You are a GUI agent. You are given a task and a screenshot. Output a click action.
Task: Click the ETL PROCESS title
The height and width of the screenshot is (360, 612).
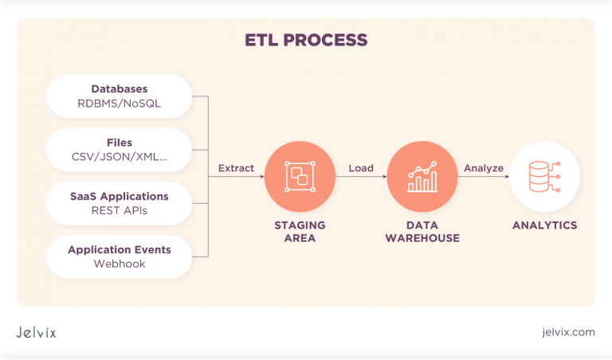coord(306,40)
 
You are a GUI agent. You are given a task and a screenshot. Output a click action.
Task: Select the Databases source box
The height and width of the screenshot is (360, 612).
coord(120,96)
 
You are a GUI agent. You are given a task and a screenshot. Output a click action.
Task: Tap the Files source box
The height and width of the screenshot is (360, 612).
coord(120,149)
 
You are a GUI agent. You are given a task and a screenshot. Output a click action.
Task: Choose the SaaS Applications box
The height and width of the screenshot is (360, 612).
coord(120,203)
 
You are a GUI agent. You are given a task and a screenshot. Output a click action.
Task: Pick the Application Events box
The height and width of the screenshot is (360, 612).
coord(120,256)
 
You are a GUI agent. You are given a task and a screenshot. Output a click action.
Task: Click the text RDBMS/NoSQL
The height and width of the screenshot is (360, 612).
coord(120,103)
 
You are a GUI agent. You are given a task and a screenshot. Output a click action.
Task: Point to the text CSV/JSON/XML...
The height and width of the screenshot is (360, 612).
coord(120,157)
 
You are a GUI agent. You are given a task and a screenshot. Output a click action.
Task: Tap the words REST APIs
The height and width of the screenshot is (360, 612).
coord(120,211)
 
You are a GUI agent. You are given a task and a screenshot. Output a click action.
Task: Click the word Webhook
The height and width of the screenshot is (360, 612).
coord(120,264)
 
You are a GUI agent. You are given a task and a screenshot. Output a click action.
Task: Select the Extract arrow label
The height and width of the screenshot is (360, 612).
coord(236,168)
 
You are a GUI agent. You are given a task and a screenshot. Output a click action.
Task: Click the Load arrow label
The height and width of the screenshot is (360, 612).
coord(361,168)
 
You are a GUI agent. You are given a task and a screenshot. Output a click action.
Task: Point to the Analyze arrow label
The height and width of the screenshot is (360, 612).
coord(484,168)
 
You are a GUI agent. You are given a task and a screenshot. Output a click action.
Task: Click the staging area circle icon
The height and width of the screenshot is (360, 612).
coord(300,176)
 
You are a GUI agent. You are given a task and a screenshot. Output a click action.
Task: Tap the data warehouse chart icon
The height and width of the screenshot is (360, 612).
coord(422,176)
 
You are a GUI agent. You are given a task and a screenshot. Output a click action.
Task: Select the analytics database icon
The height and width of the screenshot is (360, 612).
coord(544,176)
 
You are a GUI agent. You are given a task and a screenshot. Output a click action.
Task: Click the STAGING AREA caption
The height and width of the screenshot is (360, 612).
coord(300,232)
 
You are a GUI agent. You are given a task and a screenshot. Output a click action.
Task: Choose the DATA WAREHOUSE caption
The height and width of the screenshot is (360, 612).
coord(422,232)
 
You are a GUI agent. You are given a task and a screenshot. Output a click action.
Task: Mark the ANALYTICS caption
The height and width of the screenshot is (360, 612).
coord(544,225)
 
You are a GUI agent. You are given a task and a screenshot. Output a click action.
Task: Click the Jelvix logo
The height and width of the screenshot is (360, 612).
coord(37,332)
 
